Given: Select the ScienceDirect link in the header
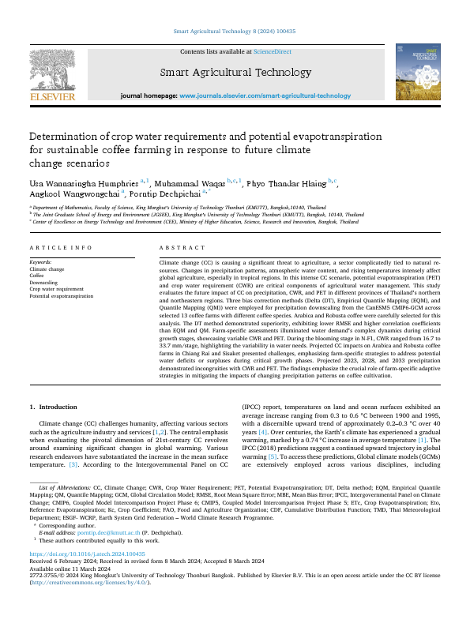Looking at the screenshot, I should coord(270,51).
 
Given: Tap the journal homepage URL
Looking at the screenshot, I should coord(265,96).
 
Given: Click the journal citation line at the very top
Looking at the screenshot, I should coord(235,32).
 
